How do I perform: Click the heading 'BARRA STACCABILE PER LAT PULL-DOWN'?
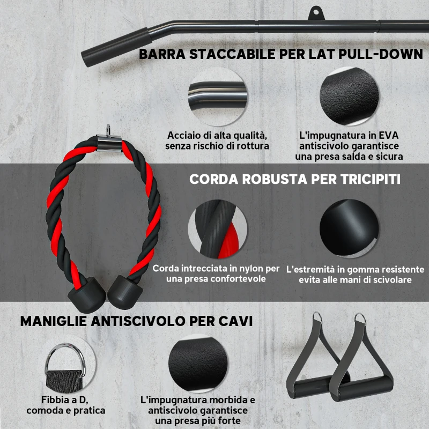coord(280,54)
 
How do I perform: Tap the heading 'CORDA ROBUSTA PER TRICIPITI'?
coord(295,179)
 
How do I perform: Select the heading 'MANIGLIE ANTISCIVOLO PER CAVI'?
coord(136,321)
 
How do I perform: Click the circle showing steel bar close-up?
coord(217,97)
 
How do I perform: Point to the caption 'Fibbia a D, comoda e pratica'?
coord(65,405)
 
